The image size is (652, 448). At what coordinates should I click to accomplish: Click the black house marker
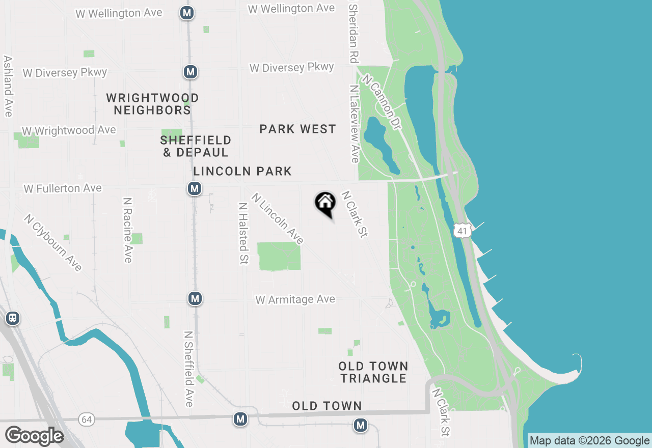(325, 204)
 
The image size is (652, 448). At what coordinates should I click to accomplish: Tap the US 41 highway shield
(461, 231)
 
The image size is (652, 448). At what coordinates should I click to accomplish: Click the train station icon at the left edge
(13, 319)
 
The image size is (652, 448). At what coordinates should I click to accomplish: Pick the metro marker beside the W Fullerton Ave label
(194, 189)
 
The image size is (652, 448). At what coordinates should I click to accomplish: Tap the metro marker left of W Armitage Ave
(195, 298)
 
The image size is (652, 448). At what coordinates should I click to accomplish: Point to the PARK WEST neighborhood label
(297, 129)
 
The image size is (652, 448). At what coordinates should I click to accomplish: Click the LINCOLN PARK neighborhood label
(242, 171)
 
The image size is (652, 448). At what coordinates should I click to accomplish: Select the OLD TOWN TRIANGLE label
(373, 372)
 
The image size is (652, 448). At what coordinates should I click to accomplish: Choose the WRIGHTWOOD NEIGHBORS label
(153, 103)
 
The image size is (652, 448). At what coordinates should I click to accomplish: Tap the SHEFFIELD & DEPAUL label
(196, 146)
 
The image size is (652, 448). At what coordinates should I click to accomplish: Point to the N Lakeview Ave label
(355, 124)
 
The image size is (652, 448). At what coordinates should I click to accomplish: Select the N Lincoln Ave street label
(278, 218)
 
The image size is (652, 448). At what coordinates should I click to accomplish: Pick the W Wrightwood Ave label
(69, 131)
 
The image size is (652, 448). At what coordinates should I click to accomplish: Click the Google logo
(34, 436)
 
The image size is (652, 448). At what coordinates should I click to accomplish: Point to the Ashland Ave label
(8, 86)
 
